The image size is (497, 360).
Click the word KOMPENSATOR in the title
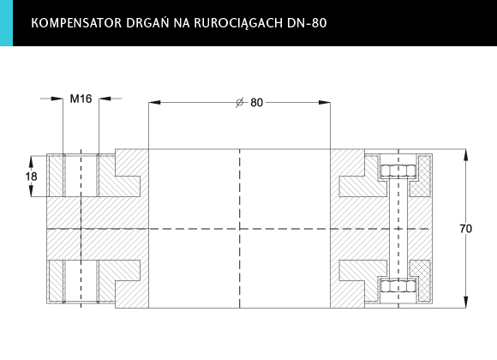click(76, 23)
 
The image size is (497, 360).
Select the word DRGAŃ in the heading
click(147, 22)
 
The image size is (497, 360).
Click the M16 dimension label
click(81, 99)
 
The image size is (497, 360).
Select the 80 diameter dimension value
click(257, 103)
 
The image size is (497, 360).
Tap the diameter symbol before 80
click(240, 103)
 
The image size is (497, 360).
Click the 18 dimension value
click(32, 177)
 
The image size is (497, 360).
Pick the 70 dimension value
click(465, 228)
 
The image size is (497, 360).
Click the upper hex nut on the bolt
click(398, 171)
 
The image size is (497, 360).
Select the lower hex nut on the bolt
click(398, 286)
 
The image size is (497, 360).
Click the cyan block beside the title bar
click(6, 23)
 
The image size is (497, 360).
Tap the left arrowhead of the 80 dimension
click(154, 103)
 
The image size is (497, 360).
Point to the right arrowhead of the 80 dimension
click(324, 103)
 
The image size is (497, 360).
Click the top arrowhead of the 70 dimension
click(465, 155)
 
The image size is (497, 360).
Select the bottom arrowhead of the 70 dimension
click(465, 302)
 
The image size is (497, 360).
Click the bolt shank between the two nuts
click(398, 229)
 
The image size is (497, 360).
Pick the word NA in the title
click(182, 23)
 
